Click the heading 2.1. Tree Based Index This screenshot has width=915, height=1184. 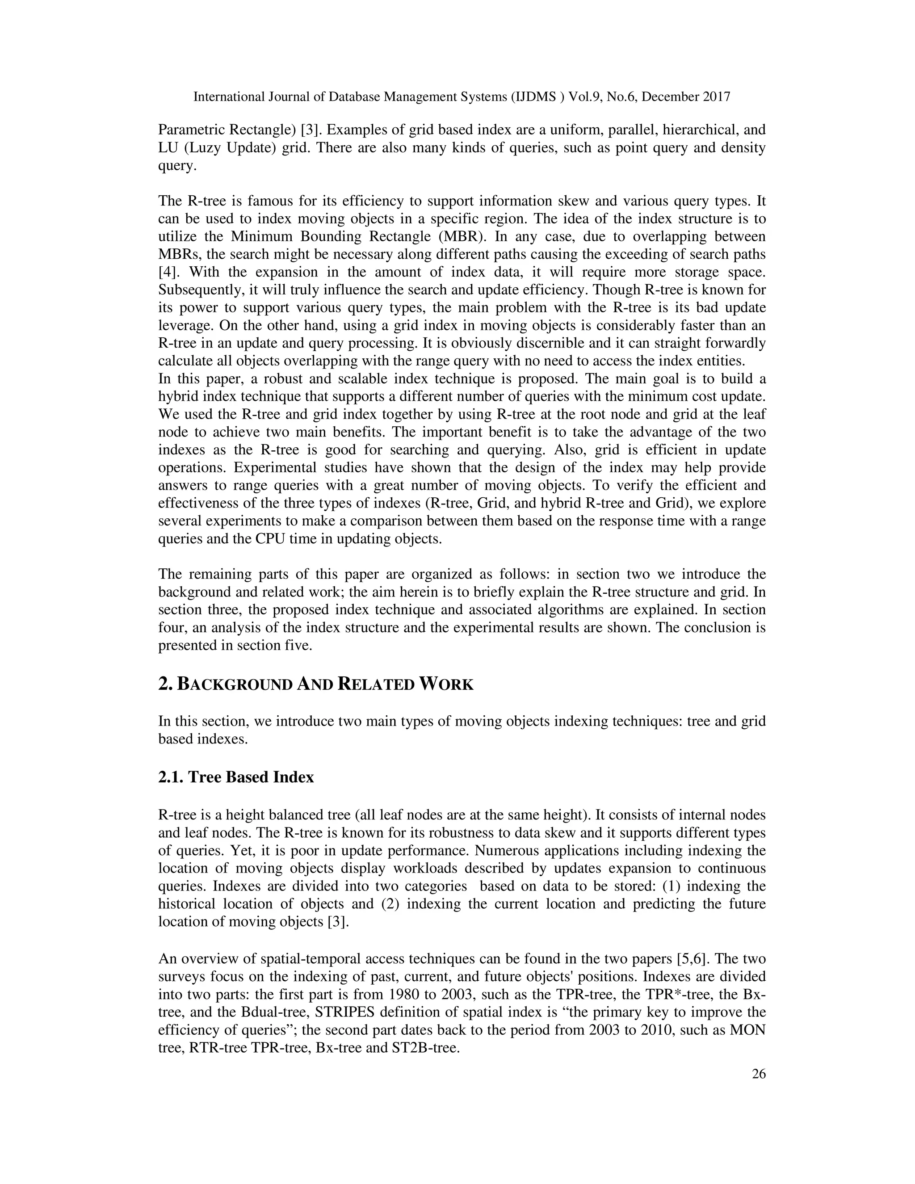(x=236, y=777)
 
